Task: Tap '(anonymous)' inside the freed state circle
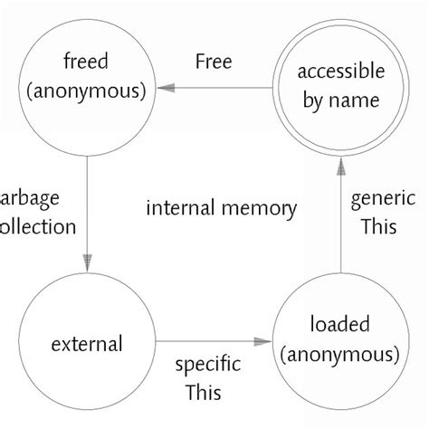[x=87, y=91]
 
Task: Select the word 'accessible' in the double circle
[x=340, y=71]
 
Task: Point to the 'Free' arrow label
[x=214, y=62]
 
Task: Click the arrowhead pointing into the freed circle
[x=164, y=88]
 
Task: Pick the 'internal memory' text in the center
[x=221, y=209]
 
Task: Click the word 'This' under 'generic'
[x=378, y=227]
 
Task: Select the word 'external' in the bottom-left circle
[x=88, y=344]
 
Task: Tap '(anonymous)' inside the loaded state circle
[x=340, y=355]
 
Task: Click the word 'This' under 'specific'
[x=204, y=393]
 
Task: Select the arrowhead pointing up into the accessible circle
[x=340, y=166]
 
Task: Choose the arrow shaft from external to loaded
[x=208, y=342]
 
